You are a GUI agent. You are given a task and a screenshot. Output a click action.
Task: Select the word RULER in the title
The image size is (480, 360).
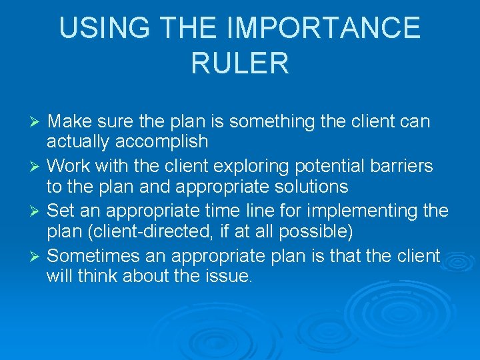(240, 63)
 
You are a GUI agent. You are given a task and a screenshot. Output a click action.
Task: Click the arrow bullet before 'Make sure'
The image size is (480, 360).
(37, 122)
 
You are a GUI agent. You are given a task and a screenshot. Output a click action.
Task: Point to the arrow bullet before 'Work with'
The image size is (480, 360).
(37, 166)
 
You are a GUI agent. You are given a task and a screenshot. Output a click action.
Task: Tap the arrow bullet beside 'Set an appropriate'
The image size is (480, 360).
(37, 211)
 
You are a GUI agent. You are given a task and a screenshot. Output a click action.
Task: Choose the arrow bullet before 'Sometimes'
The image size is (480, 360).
(37, 256)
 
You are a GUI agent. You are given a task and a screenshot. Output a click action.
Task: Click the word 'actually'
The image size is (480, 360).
(79, 142)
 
